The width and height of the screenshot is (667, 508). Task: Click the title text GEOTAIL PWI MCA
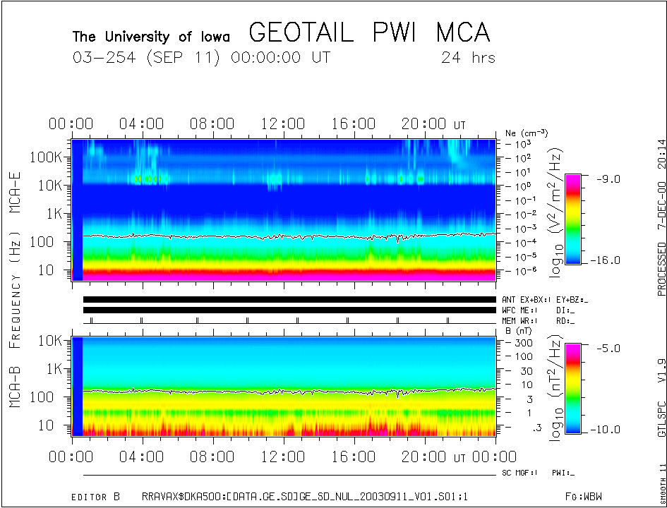click(369, 33)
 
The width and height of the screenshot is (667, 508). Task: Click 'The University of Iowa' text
click(156, 37)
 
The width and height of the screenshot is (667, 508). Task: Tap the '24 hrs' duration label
click(468, 57)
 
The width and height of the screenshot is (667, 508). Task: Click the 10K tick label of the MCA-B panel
click(51, 341)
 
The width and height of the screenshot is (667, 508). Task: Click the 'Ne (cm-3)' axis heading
click(526, 133)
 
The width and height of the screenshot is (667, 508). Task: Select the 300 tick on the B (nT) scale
click(522, 342)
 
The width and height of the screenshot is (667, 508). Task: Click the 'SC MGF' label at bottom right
click(519, 473)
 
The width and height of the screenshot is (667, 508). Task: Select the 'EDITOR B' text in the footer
click(95, 497)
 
